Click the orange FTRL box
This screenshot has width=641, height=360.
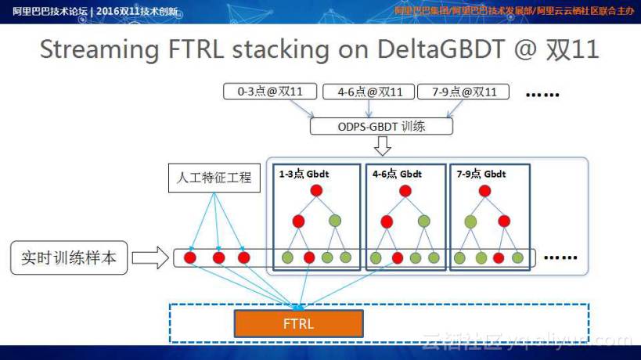(x=298, y=323)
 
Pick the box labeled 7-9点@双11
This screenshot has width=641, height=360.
(x=463, y=92)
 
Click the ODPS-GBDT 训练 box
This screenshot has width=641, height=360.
(x=381, y=126)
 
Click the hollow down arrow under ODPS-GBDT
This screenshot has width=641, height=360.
(x=382, y=146)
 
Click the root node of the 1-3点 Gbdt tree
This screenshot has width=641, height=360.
(x=316, y=190)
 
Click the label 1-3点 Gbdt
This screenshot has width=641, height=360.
(x=305, y=174)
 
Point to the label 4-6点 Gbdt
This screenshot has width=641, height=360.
(x=397, y=174)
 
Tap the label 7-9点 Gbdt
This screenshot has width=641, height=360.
(x=481, y=174)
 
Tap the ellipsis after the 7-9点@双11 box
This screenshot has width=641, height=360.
(x=542, y=94)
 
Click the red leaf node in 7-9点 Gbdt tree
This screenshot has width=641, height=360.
(x=499, y=257)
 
